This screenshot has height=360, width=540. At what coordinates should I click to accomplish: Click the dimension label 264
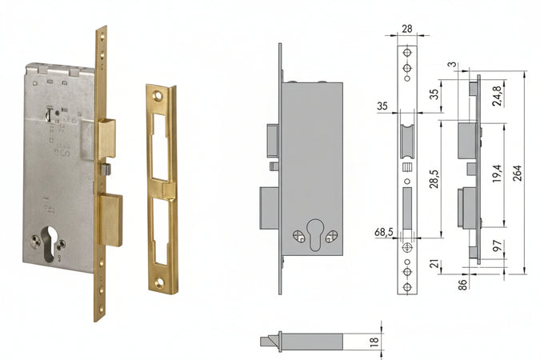pyautogui.click(x=518, y=174)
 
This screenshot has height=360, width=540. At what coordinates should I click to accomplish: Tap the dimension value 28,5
pyautogui.click(x=435, y=178)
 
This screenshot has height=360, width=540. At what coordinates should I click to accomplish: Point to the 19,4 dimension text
pyautogui.click(x=497, y=173)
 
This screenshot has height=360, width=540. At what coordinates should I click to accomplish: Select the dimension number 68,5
pyautogui.click(x=384, y=233)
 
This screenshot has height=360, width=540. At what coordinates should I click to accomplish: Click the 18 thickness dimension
pyautogui.click(x=374, y=342)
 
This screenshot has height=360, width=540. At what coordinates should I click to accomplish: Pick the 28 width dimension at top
pyautogui.click(x=407, y=29)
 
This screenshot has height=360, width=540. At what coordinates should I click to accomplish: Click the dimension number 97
pyautogui.click(x=498, y=246)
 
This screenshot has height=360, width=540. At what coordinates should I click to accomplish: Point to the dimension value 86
pyautogui.click(x=463, y=285)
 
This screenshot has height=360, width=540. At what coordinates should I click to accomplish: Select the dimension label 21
pyautogui.click(x=435, y=264)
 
